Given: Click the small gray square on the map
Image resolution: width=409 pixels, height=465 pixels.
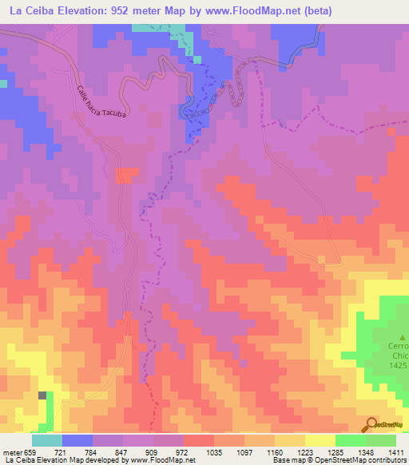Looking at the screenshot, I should pos(42,395).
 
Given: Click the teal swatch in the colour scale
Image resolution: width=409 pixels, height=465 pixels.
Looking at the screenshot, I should pos(47,441).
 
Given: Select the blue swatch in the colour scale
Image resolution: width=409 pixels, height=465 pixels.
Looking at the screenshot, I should pos(77,441).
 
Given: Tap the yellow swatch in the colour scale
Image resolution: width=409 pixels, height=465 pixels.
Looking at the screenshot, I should pos(320,441).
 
